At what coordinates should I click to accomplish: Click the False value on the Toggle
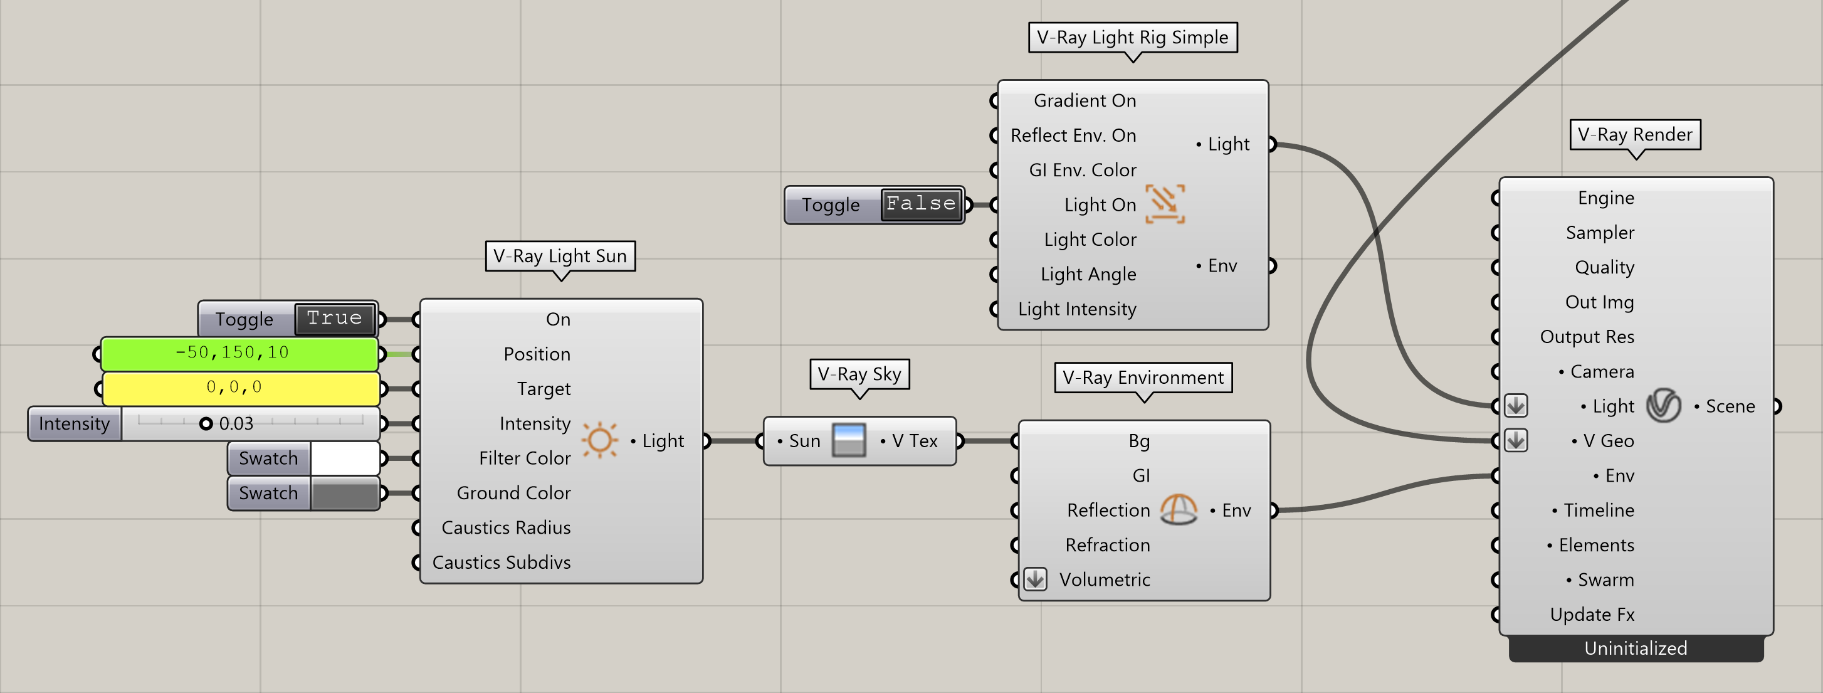pos(922,204)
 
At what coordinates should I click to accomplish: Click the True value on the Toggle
pos(335,318)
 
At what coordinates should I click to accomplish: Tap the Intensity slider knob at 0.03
pos(206,423)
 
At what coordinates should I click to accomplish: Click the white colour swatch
pos(345,458)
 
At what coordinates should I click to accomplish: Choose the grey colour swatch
pos(345,493)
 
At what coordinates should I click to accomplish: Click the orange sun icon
pos(600,440)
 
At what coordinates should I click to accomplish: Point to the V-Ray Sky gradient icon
pos(849,440)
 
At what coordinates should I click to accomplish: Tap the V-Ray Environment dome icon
pos(1179,510)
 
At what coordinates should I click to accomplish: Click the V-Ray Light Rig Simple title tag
pos(1132,38)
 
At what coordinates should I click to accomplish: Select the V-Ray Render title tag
pos(1635,134)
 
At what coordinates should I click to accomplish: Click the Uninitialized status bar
pos(1636,648)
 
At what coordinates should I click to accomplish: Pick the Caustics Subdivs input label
pos(501,562)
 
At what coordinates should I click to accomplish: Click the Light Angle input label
pos(1088,274)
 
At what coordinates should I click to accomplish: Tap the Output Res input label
pos(1587,337)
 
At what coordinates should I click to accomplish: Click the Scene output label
pos(1730,406)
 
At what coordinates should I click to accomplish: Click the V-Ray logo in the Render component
pos(1663,406)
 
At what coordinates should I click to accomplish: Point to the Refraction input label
pos(1108,545)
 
